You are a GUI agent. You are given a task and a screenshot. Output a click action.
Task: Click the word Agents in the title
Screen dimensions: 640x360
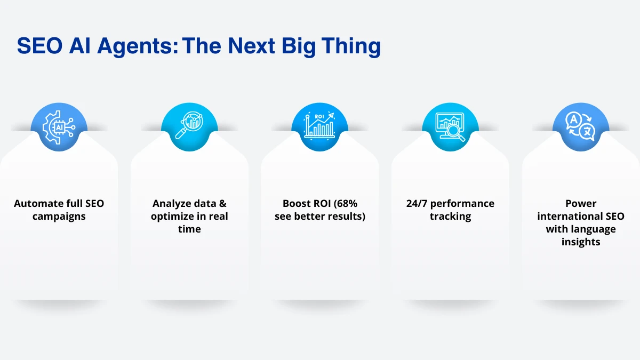click(x=138, y=46)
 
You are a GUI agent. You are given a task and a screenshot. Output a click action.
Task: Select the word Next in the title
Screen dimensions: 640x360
click(x=251, y=46)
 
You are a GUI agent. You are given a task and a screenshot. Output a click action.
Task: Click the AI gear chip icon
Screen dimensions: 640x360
click(x=59, y=127)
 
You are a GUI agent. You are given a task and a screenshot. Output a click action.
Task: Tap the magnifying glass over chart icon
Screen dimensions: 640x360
click(x=189, y=125)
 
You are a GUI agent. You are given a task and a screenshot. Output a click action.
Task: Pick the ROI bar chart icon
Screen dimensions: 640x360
click(x=319, y=125)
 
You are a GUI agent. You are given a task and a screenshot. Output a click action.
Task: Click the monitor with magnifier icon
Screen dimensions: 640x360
click(x=450, y=127)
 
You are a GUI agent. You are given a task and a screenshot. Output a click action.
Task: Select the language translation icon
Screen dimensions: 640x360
click(x=580, y=126)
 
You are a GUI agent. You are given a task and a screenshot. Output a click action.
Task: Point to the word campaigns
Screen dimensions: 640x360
click(x=59, y=217)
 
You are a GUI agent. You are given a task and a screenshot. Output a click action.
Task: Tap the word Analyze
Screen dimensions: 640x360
click(x=172, y=204)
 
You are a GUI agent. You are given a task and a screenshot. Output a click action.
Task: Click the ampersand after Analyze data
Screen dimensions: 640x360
click(x=223, y=203)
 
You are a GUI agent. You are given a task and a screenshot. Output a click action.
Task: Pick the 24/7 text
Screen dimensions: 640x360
click(x=417, y=203)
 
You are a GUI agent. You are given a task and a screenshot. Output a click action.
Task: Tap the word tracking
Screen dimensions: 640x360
click(x=450, y=217)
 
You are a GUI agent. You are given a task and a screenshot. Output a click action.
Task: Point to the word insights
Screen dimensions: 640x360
click(x=581, y=242)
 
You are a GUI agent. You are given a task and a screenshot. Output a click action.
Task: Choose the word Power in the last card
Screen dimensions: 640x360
click(x=581, y=203)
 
